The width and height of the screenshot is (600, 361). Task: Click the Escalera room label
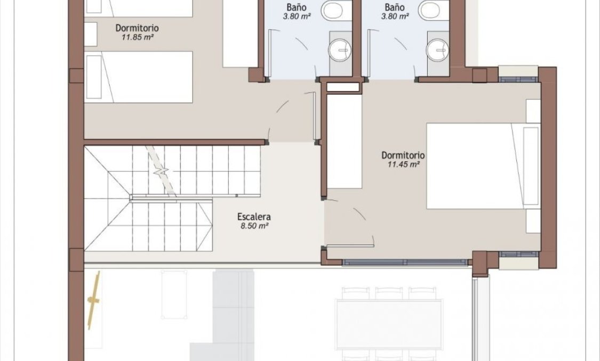pos(254,217)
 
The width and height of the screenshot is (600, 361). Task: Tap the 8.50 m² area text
pos(254,226)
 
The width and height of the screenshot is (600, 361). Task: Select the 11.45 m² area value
pos(403,165)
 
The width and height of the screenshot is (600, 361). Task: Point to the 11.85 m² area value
pos(131,37)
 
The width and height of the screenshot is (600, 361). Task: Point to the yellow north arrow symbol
pos(94,300)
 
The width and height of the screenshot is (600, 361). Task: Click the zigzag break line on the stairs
pos(162,173)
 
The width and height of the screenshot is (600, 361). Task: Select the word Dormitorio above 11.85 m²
pos(137,28)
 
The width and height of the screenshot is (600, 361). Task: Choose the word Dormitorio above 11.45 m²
pos(403,155)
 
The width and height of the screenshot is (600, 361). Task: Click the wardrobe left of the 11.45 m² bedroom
pos(345,141)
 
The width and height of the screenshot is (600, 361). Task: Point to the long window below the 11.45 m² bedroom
pos(405,262)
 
